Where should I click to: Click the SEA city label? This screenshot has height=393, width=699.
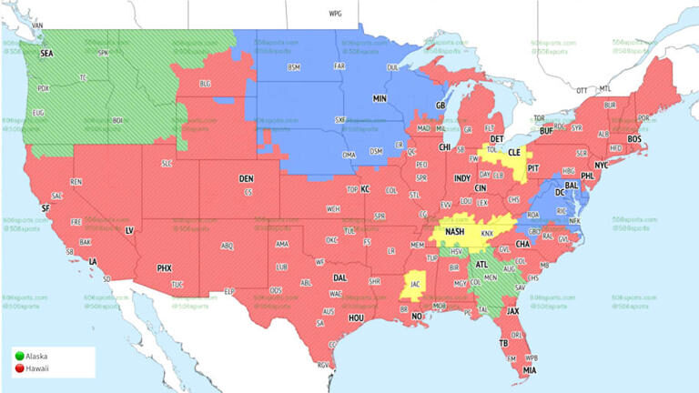click(46, 54)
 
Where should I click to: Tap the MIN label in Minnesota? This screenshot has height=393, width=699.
click(380, 97)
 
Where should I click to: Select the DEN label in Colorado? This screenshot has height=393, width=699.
click(246, 178)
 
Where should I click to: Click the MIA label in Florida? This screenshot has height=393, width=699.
click(529, 370)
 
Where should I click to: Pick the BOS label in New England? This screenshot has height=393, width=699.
click(634, 138)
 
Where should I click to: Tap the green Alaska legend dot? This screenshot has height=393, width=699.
click(18, 358)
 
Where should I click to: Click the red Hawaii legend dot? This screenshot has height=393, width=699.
click(18, 368)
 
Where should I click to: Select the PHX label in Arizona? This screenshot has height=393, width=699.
click(165, 268)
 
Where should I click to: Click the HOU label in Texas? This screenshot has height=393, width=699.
click(356, 318)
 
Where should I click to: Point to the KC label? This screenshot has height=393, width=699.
click(365, 189)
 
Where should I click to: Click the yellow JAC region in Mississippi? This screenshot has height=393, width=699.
click(415, 283)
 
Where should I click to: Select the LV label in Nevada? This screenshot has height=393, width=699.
click(129, 230)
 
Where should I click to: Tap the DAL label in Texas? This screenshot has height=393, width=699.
click(339, 277)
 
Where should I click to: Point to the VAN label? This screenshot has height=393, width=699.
click(37, 25)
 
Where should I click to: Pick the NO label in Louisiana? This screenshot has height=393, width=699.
click(417, 317)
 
